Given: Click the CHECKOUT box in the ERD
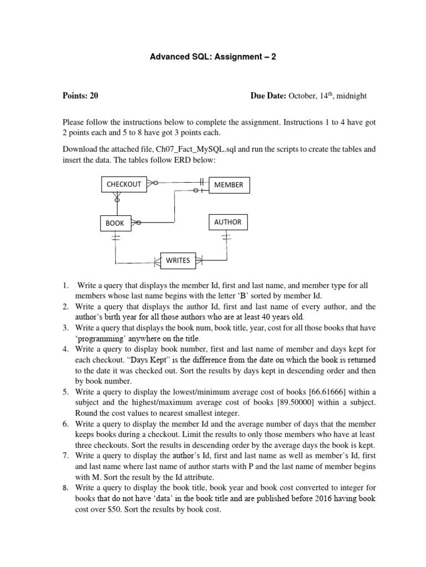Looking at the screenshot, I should [124, 184].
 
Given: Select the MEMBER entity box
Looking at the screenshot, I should [229, 185].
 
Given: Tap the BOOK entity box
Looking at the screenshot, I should [115, 223].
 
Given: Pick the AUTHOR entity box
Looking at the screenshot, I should [228, 222].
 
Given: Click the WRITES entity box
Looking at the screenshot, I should [178, 260].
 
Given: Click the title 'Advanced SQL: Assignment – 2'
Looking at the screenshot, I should [213, 57].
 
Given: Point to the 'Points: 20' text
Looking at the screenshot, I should [80, 96].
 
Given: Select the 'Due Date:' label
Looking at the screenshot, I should [268, 96].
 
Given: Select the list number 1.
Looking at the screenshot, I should [65, 286].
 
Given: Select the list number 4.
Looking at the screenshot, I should [65, 349].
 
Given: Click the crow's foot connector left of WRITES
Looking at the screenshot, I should [157, 260].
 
